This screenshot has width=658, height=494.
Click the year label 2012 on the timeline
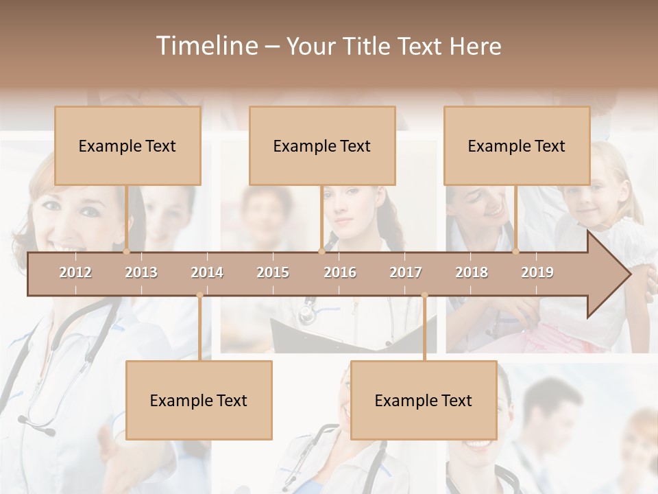point(75,272)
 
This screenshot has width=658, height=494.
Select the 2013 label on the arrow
point(141,272)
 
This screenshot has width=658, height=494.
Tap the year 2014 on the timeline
point(207,272)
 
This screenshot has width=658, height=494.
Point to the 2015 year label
point(273,272)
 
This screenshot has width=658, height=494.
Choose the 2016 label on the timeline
point(340,272)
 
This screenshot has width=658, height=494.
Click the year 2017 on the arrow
point(406,272)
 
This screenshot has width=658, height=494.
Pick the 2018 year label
point(472,272)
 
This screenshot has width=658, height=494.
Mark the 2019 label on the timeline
point(537,272)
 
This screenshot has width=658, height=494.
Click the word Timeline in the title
point(206,46)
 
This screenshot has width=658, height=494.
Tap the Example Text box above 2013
point(127,145)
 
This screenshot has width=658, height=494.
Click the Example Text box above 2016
point(322,145)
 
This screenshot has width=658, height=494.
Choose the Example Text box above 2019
point(517,145)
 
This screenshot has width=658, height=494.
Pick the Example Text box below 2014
point(199,400)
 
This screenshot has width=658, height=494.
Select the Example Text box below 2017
point(424,400)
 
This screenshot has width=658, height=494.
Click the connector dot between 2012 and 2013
point(126,251)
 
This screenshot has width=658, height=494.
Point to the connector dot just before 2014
point(199,296)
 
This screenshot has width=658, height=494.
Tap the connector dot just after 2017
point(424,296)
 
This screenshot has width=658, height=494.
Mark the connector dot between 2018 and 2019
point(515,251)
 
